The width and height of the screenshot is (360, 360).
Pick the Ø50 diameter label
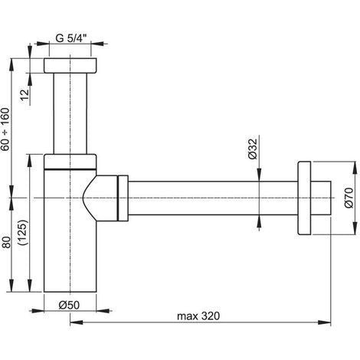70,304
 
